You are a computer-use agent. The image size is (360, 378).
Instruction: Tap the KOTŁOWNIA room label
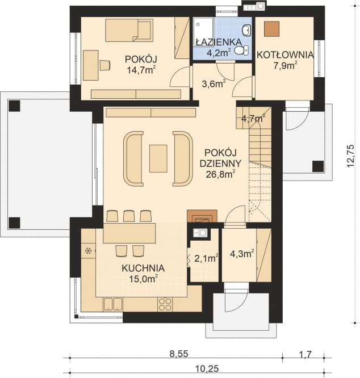[285, 54]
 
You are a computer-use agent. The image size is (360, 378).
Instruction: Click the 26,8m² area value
[221, 175]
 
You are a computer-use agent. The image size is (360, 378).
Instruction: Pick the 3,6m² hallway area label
[214, 85]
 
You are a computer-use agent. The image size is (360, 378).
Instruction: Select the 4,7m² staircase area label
[253, 119]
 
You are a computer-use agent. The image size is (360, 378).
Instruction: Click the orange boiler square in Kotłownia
[271, 29]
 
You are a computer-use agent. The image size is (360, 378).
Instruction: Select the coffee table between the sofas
[158, 158]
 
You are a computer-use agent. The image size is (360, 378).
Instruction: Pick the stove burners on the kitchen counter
[165, 304]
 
